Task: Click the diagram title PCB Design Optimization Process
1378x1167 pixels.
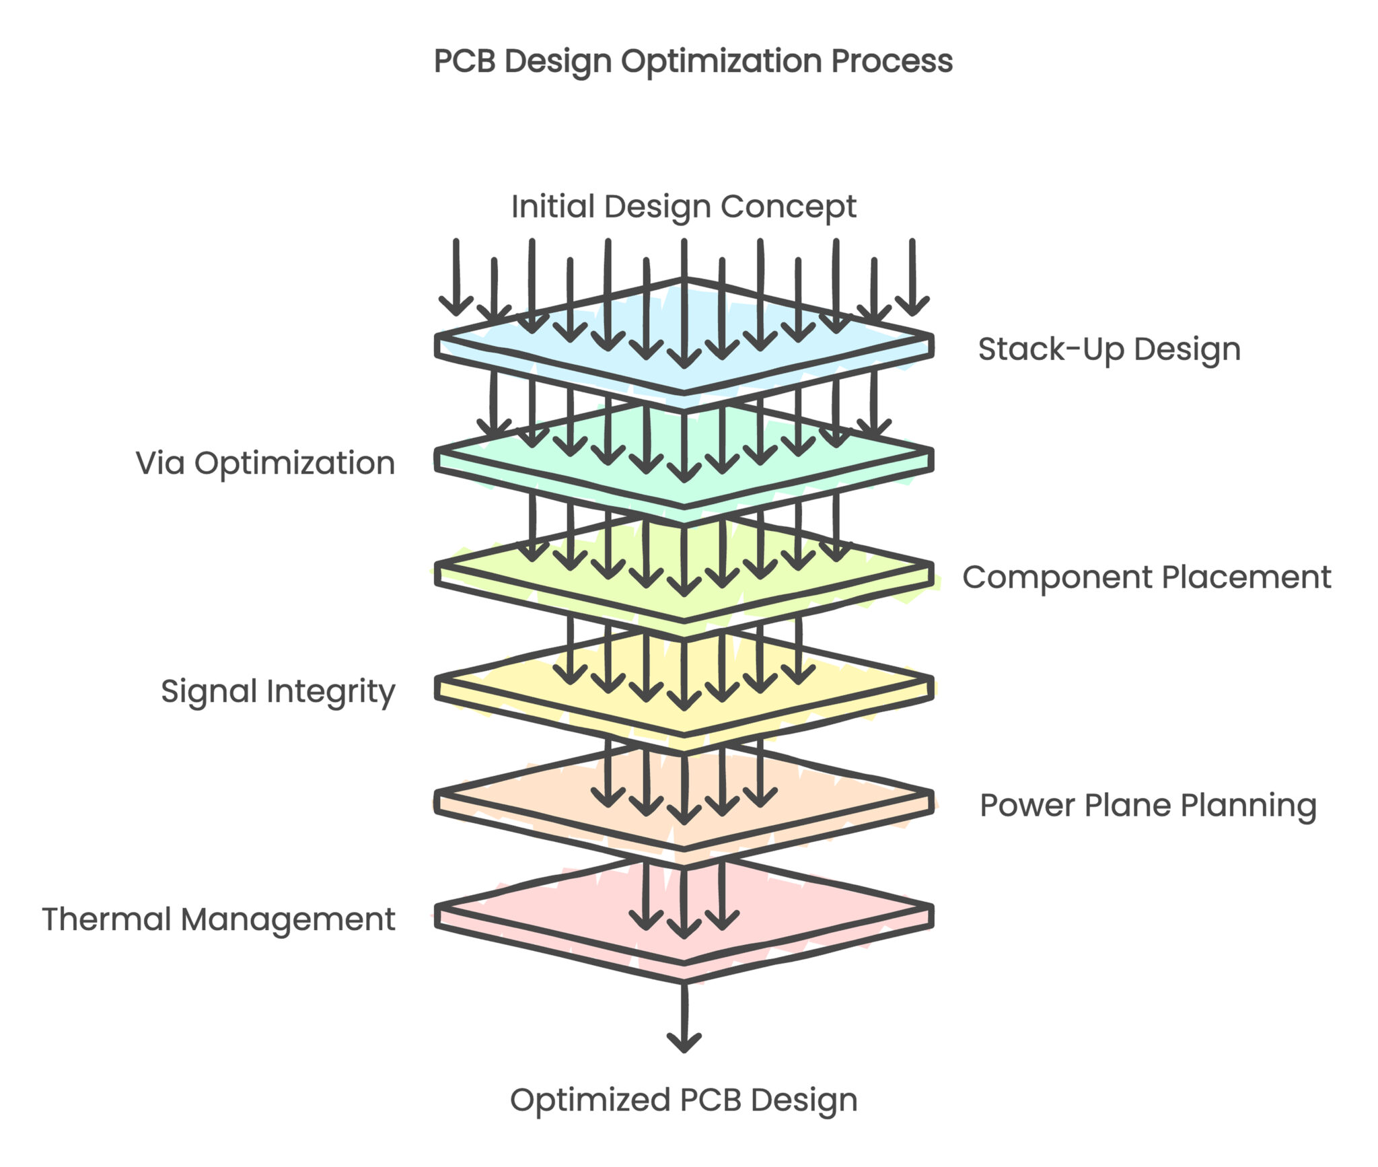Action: point(693,61)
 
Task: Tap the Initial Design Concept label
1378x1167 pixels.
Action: point(684,206)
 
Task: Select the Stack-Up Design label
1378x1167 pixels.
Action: point(1109,349)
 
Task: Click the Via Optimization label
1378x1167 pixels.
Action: point(265,463)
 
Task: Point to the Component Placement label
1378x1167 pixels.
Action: point(1147,577)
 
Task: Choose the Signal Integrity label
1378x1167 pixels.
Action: point(278,691)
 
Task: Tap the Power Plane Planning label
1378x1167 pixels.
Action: point(1148,805)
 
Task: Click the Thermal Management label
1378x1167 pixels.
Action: point(219,919)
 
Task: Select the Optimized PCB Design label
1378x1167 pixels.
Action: point(684,1100)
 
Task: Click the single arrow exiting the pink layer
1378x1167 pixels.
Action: point(684,1016)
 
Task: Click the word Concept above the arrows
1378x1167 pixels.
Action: point(788,206)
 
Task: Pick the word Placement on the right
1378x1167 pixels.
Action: point(1246,577)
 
